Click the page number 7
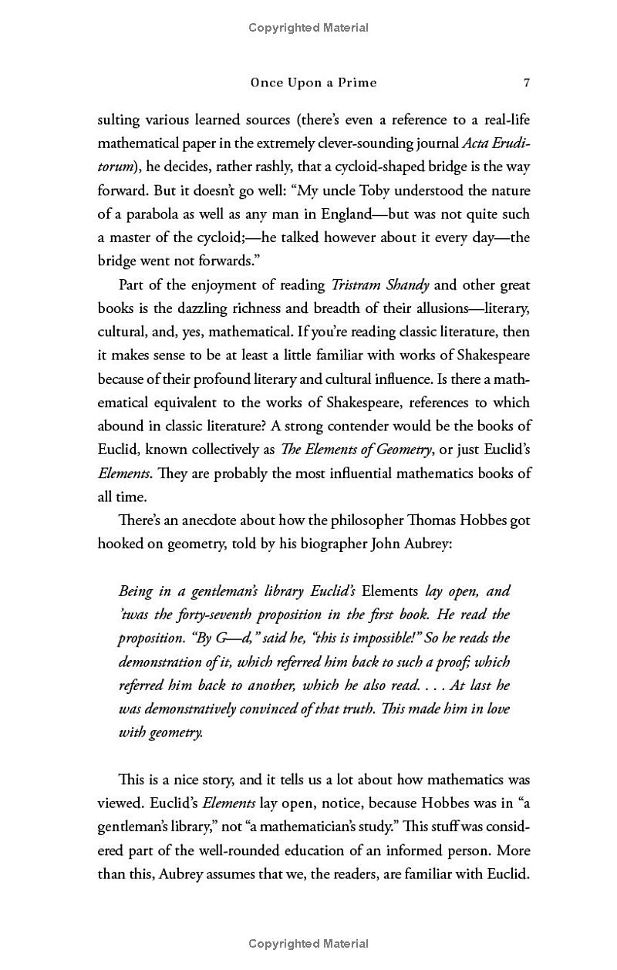[525, 83]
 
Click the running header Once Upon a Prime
[313, 83]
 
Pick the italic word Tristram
[358, 285]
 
